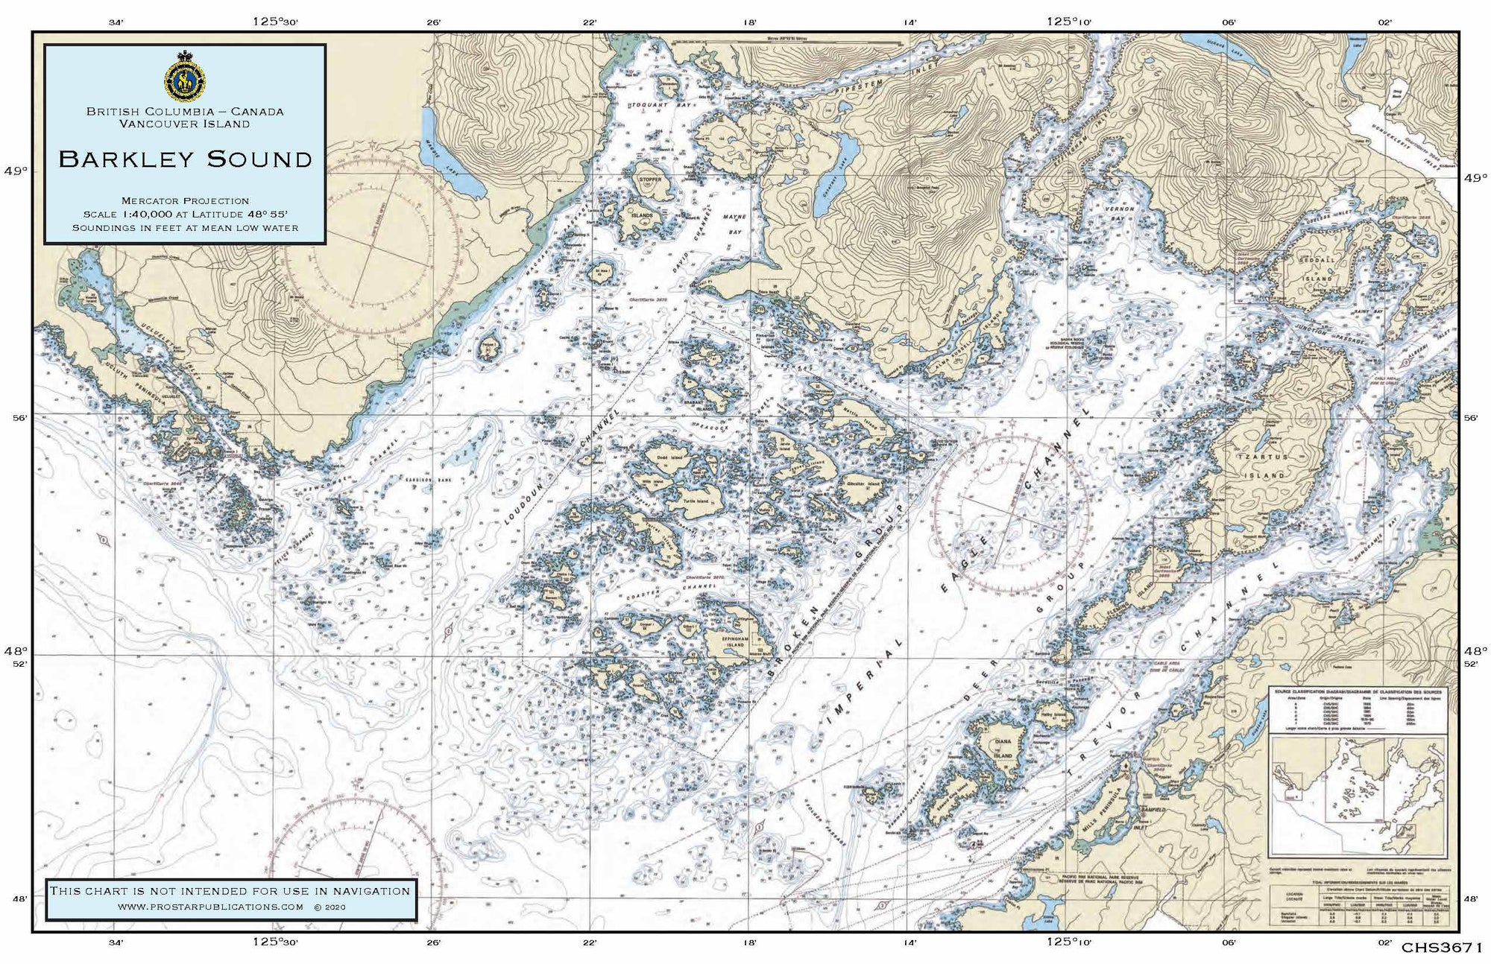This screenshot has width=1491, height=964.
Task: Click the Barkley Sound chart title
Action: pyautogui.click(x=185, y=159)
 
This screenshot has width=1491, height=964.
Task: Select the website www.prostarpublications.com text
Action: pyautogui.click(x=211, y=907)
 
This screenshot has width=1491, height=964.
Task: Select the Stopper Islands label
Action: pyautogui.click(x=646, y=197)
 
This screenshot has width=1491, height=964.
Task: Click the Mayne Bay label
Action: pyautogui.click(x=734, y=223)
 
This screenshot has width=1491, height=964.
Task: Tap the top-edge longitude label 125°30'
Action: pyautogui.click(x=275, y=22)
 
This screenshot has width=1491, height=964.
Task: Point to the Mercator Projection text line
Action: pyautogui.click(x=185, y=200)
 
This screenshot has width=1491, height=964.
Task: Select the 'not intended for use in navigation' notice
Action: pyautogui.click(x=230, y=891)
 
